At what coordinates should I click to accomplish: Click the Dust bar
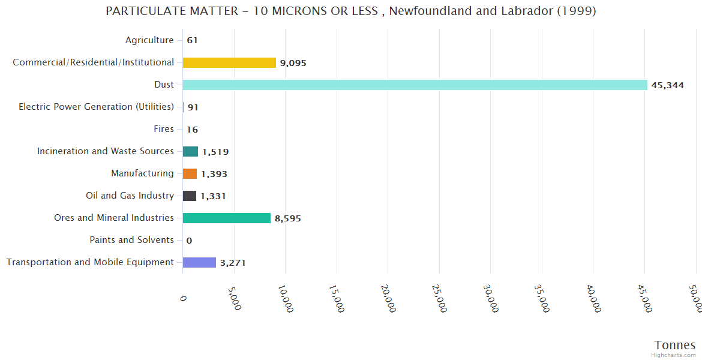point(415,85)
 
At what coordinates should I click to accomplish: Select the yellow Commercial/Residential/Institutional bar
point(229,62)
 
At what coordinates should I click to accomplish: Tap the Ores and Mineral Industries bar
point(226,218)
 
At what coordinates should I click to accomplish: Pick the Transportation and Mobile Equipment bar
point(199,262)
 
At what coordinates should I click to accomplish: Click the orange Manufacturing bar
point(190,173)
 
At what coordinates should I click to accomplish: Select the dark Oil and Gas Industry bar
point(190,196)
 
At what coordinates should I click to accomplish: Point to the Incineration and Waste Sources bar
point(190,151)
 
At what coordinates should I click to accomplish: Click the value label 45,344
point(667,85)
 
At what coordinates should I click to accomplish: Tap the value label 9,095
point(293,63)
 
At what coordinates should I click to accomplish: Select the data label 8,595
point(288,218)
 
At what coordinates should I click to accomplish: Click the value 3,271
point(233,263)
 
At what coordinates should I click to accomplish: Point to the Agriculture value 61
point(192,41)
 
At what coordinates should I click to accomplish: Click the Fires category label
point(164,129)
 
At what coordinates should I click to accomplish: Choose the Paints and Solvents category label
point(131,240)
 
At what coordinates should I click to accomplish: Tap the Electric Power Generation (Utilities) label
point(96,107)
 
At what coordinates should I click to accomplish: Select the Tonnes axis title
point(675,345)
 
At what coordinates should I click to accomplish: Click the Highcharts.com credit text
point(673,355)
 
